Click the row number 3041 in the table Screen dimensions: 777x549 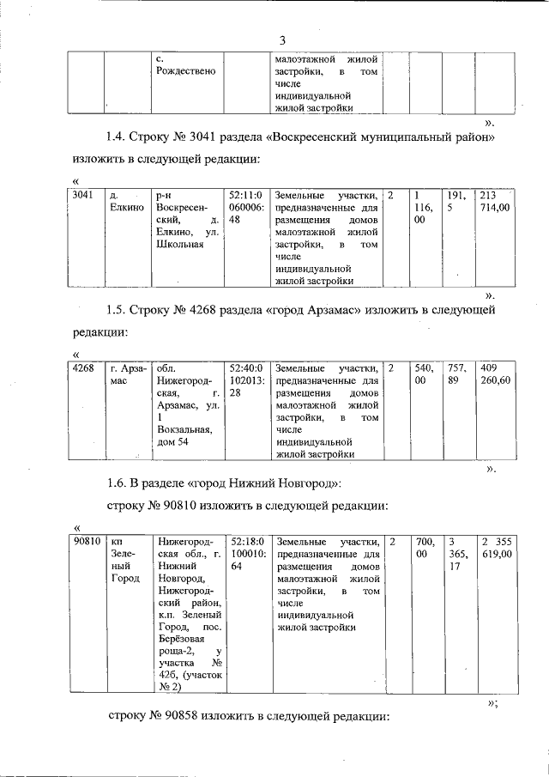tap(84, 195)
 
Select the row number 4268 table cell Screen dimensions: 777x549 tap(84, 367)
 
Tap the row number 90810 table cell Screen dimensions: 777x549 tap(87, 542)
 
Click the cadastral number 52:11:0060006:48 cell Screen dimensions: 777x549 tap(247, 207)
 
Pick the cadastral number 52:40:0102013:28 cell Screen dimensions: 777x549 tap(247, 380)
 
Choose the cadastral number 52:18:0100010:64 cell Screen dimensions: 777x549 tap(247, 555)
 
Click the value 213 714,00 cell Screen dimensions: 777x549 tap(495, 201)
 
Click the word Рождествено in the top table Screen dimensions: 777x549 tap(185, 70)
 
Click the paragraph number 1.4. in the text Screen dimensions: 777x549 tap(118, 137)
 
